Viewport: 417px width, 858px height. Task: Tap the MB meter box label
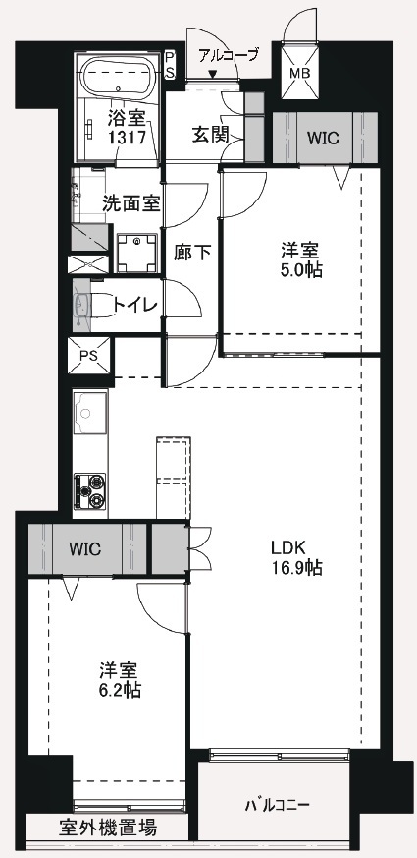pos(298,73)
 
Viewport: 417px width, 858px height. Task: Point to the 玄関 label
pos(210,134)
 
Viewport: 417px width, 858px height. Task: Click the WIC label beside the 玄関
pos(323,138)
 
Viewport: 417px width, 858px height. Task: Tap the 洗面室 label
pos(131,203)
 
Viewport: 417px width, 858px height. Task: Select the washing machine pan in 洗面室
pos(136,253)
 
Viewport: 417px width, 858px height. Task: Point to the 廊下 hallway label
pos(192,253)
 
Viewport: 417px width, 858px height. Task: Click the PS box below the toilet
pos(88,355)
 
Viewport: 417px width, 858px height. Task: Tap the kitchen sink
pos(85,413)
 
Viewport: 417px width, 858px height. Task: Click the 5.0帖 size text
pos(301,269)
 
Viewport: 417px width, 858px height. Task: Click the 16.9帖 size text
pos(297,568)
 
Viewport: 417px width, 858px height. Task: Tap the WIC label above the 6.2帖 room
pos(84,548)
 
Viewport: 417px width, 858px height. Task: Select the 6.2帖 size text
pos(119,690)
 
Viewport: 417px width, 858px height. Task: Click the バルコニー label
pos(277,805)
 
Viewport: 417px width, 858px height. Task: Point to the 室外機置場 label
pos(108,828)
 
